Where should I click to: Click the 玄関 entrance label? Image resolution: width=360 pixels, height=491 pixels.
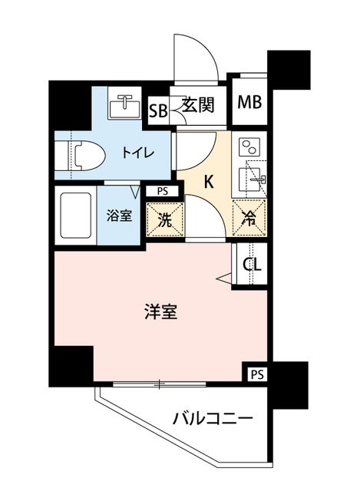pos(198,105)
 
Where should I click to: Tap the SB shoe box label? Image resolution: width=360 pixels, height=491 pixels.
pos(158,110)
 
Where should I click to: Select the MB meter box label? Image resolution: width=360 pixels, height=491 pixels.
pos(249,102)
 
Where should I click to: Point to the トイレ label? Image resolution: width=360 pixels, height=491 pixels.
pos(138,153)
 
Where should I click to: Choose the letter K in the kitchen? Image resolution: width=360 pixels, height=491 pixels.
pos(209,182)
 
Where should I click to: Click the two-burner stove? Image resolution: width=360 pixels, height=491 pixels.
pos(249,147)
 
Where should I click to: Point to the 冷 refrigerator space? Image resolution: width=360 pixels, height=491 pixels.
pos(249,218)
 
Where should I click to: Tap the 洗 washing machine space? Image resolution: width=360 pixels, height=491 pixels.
pos(165,219)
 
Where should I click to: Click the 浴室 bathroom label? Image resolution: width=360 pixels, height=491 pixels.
pos(119,216)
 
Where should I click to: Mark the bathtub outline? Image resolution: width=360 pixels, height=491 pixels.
pos(75,216)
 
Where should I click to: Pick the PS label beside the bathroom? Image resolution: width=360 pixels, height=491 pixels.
pos(163,191)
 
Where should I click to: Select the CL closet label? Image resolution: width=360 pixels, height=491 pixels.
pos(252,265)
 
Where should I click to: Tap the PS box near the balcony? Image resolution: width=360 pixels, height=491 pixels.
pos(257,374)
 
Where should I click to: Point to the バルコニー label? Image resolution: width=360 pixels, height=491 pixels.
pos(213,418)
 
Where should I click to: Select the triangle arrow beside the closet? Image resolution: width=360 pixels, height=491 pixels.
pos(223,278)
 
